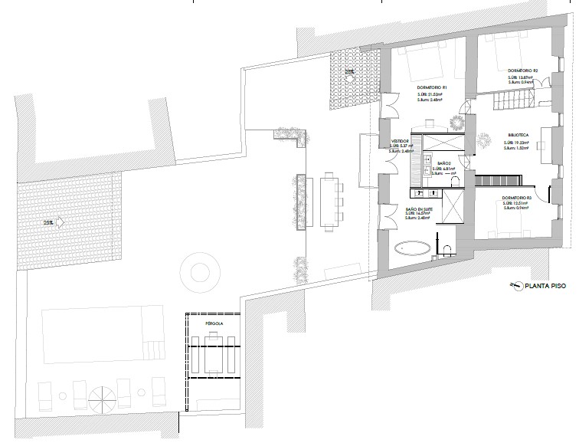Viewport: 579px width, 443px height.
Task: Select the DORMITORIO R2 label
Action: (x=523, y=71)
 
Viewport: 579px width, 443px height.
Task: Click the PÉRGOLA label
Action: (x=214, y=324)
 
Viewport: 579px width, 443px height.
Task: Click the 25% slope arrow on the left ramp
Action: (x=57, y=222)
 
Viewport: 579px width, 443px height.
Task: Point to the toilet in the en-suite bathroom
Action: (x=446, y=248)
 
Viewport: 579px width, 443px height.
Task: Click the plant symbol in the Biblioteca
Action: (x=484, y=138)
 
